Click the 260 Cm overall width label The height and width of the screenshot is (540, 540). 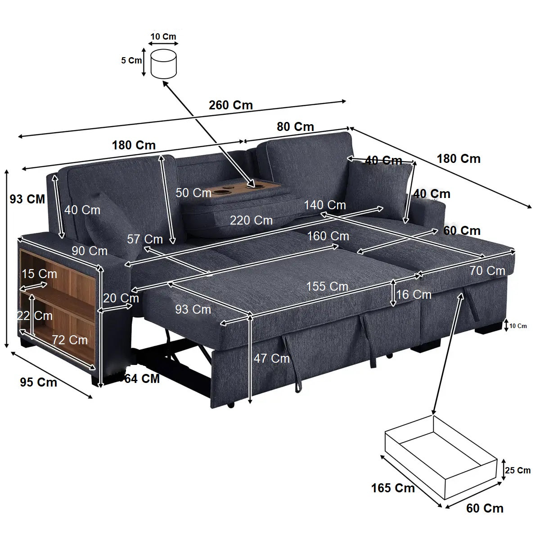230,105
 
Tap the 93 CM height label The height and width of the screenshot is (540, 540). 27,198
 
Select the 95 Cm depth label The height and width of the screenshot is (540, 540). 38,382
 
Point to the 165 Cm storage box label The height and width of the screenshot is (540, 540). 392,488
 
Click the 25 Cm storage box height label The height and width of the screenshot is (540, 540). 517,470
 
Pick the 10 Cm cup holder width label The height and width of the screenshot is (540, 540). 163,36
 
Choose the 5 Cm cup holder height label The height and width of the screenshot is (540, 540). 131,60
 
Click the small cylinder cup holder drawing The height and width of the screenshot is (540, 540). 164,64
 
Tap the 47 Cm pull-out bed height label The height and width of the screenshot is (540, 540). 271,358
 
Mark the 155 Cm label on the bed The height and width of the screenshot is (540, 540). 327,286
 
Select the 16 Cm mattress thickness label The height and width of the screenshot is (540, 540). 414,294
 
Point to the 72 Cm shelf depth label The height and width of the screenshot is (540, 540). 70,340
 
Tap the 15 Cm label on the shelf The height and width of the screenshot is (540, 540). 39,274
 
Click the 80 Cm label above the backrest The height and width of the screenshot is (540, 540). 295,127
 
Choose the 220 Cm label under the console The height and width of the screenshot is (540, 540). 251,220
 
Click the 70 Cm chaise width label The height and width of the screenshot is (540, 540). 487,271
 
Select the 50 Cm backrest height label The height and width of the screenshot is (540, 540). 193,193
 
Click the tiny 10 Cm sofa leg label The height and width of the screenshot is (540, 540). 518,326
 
